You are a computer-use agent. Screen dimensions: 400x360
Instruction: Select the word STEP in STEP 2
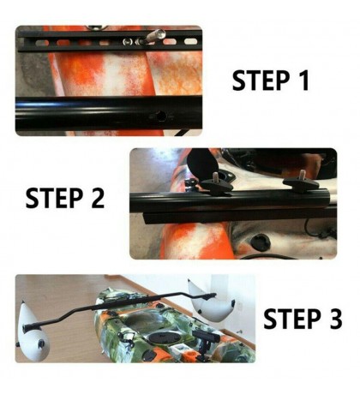(x=53, y=199)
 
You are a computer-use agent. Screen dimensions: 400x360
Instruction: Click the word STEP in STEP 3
(x=290, y=319)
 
